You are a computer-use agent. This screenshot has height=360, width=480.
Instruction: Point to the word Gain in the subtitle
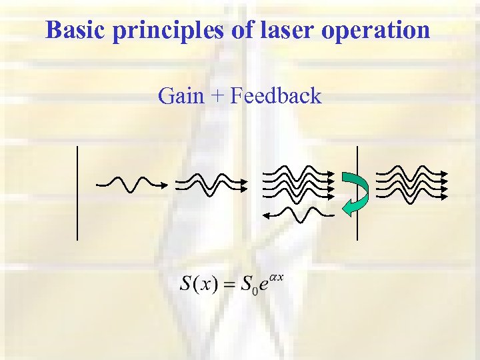pyautogui.click(x=181, y=97)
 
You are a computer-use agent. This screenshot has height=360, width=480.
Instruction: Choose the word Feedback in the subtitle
pyautogui.click(x=275, y=97)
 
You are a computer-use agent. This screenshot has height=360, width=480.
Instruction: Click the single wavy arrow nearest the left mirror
pyautogui.click(x=131, y=183)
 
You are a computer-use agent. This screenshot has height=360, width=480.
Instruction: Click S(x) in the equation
pyautogui.click(x=199, y=283)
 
